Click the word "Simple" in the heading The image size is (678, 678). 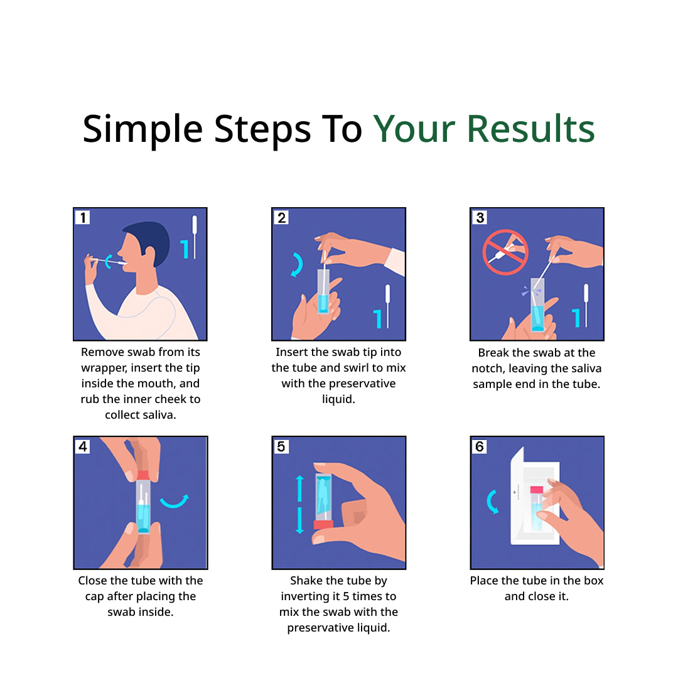tap(143, 129)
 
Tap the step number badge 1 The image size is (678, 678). tap(82, 217)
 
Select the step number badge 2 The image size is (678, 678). tap(281, 217)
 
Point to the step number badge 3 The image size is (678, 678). tap(480, 217)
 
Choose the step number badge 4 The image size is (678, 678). tap(82, 446)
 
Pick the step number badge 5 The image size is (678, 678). tap(281, 446)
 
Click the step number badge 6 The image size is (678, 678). tap(480, 446)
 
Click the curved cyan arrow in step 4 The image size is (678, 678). tap(174, 501)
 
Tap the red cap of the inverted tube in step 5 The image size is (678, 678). tap(323, 524)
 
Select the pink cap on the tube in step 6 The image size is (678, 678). tap(536, 489)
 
